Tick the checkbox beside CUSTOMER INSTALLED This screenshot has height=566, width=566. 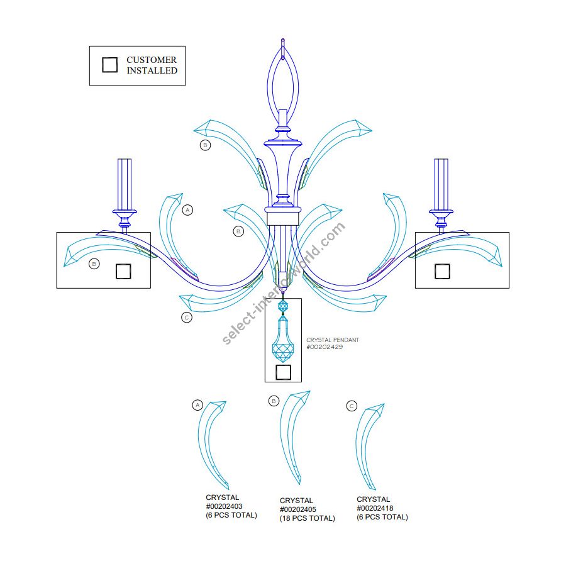point(110,65)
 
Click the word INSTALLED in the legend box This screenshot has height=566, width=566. point(152,71)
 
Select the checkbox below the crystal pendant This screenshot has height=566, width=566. point(283,372)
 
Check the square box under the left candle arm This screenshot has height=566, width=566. point(123,271)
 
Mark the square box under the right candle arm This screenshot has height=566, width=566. point(442,271)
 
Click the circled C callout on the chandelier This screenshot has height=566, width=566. point(186,318)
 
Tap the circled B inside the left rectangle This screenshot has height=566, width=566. point(94,264)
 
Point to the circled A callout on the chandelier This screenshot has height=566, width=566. point(187,210)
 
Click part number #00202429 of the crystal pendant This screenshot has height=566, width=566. point(325,347)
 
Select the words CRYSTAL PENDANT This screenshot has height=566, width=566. point(333,340)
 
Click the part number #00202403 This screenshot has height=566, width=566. point(224,506)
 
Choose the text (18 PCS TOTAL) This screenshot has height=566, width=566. point(308,518)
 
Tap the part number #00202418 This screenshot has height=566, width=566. point(375,508)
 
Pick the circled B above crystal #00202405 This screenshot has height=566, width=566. point(274,401)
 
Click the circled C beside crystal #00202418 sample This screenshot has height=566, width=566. point(352,406)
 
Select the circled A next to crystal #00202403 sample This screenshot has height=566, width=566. point(197,405)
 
